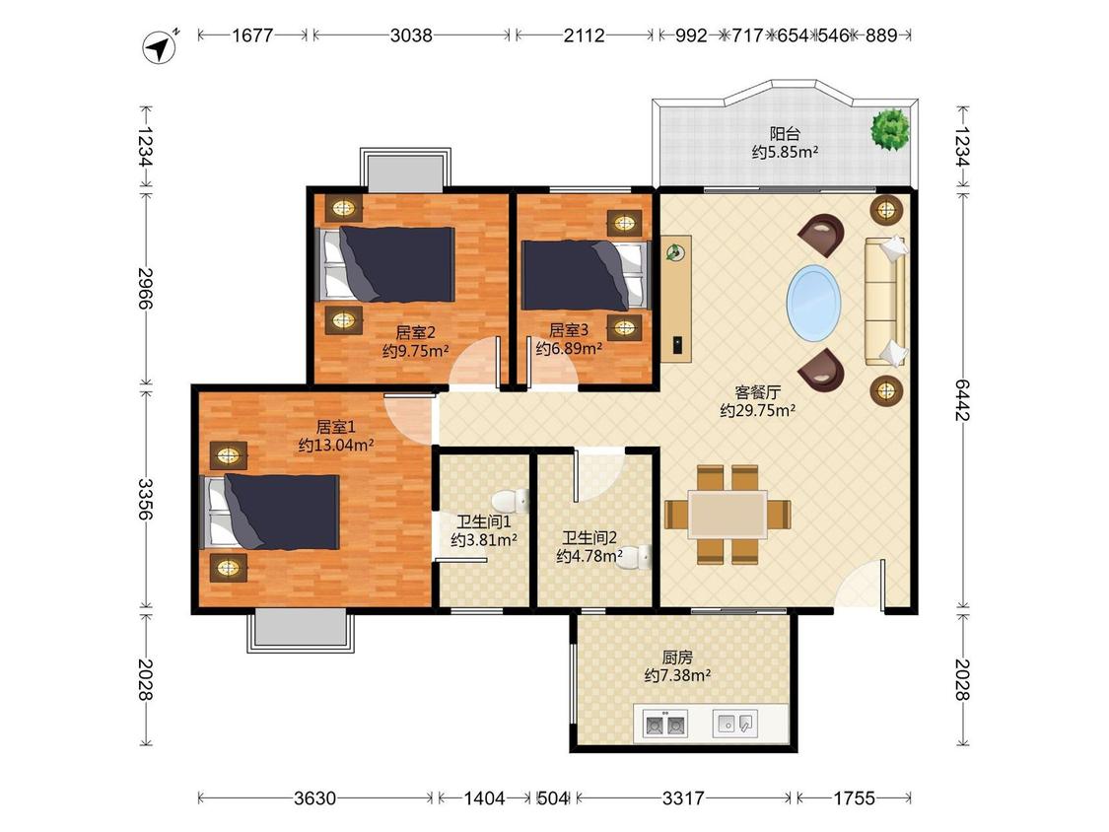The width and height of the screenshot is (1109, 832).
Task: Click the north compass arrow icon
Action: (x=161, y=46)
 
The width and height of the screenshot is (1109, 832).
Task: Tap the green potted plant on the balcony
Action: (x=890, y=129)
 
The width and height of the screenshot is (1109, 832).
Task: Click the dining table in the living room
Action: (x=728, y=515)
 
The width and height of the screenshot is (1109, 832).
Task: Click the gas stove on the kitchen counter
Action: (x=664, y=724)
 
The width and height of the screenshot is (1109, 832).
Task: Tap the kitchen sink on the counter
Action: (x=734, y=724)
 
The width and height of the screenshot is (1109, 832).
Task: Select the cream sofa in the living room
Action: (x=885, y=302)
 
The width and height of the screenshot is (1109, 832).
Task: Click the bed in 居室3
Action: (x=585, y=275)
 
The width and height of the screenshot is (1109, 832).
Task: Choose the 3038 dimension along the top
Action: (x=411, y=35)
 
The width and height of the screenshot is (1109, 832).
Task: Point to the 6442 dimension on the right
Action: (x=962, y=399)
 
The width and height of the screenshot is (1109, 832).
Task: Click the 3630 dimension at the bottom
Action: (x=314, y=798)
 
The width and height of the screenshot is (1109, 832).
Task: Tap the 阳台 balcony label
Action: (x=785, y=133)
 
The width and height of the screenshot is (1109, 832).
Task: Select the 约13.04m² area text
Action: (x=336, y=446)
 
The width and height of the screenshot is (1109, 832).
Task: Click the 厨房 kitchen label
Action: (x=677, y=658)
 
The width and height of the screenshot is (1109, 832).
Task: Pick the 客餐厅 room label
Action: (x=757, y=392)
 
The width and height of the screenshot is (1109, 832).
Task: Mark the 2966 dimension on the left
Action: (x=146, y=288)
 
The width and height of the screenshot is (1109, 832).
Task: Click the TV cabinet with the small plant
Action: (x=677, y=299)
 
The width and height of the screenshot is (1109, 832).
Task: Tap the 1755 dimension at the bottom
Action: (x=854, y=798)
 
